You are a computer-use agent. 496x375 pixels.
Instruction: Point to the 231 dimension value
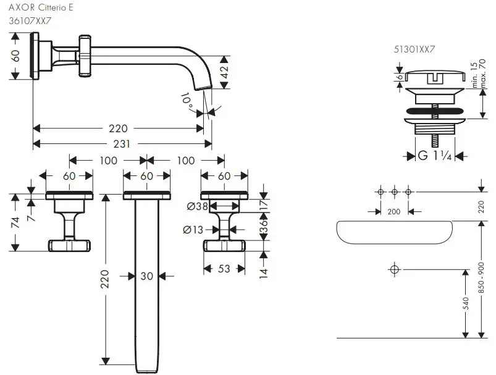(x=122, y=144)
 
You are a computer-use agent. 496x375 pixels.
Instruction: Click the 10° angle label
(x=187, y=99)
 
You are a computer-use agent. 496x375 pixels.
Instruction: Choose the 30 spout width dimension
(x=146, y=277)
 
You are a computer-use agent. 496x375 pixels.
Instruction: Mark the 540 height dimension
(x=466, y=303)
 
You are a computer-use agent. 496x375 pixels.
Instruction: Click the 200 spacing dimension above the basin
(x=393, y=211)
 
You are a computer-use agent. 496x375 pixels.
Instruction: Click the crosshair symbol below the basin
(x=393, y=269)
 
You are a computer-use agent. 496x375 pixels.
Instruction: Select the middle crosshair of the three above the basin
(x=394, y=192)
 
